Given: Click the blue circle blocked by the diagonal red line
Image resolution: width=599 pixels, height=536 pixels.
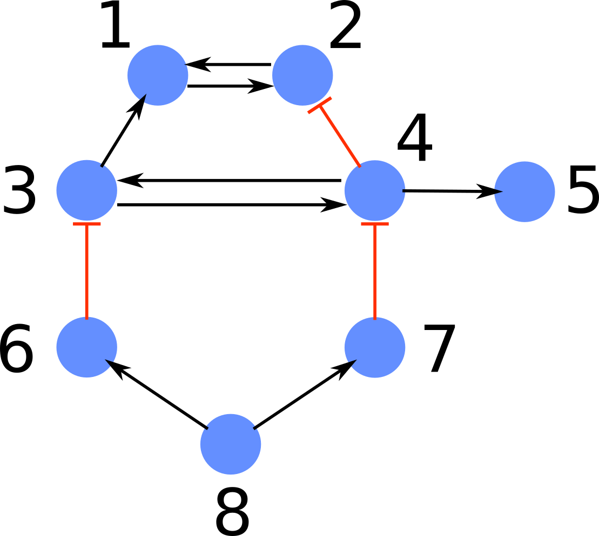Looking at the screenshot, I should coord(302,75).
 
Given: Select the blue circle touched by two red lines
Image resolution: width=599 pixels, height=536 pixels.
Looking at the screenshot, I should coord(375,190).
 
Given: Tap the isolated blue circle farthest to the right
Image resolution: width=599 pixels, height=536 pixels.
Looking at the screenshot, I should coord(524,191).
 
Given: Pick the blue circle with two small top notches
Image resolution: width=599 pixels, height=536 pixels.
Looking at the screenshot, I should coord(231,444).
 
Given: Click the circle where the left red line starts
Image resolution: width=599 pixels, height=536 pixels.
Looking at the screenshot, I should coord(86,347).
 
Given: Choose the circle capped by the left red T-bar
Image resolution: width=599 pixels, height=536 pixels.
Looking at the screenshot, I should coord(86,190).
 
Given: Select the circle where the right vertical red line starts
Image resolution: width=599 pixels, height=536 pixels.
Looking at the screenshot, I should coord(375,347).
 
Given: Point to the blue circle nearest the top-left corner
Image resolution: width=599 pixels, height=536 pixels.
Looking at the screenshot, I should coord(158,75).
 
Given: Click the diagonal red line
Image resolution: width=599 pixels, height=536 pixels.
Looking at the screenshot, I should coord(340,136).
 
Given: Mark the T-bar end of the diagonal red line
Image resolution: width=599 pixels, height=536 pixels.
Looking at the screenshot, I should coord(320,105).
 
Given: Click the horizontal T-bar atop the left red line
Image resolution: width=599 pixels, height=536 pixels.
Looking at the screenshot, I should coord(87,224).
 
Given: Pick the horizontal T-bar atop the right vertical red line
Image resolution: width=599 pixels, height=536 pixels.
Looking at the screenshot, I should coord(375,224).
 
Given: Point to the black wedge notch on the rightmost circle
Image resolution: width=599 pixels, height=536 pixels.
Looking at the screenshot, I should coord(498,191).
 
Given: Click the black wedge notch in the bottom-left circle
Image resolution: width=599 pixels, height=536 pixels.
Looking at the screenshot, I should coord(110,362).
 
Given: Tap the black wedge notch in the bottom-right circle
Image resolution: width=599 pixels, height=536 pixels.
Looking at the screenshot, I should coord(352,362).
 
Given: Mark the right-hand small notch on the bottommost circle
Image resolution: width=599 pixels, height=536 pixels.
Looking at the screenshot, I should coord(255,428).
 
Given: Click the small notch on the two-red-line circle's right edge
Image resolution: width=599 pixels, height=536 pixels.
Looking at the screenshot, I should coord(404,190).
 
